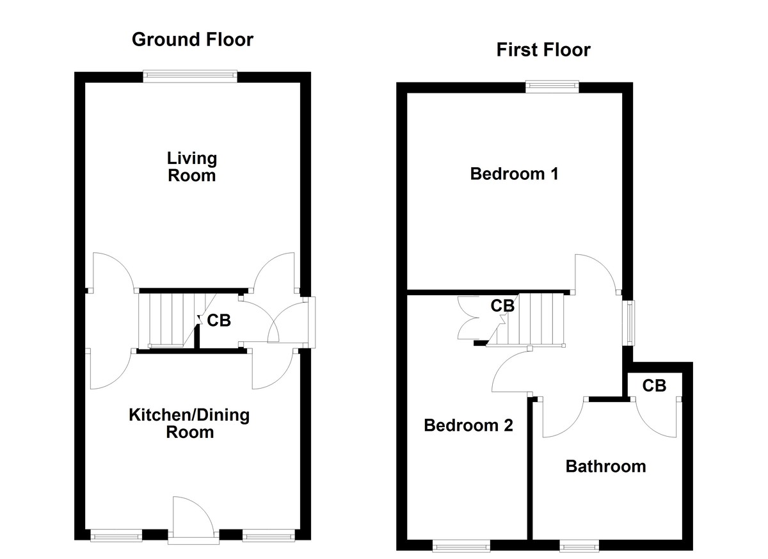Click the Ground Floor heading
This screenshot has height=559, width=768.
coord(192,40)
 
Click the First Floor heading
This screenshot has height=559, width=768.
coord(543,50)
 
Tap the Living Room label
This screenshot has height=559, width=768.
coord(191,166)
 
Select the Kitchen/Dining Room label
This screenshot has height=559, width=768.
coord(189,423)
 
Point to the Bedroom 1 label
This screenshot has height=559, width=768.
coord(514,174)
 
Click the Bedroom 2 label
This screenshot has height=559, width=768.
coord(468,425)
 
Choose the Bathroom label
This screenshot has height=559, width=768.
coord(605,466)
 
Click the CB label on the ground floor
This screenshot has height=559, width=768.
coord(219,321)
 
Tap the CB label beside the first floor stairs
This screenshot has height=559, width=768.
coord(502,306)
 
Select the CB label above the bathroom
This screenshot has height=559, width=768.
coord(654,385)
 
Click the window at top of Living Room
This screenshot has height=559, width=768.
coord(190,76)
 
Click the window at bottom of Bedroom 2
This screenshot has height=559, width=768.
coord(461,546)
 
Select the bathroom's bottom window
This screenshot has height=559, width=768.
coord(579,546)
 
